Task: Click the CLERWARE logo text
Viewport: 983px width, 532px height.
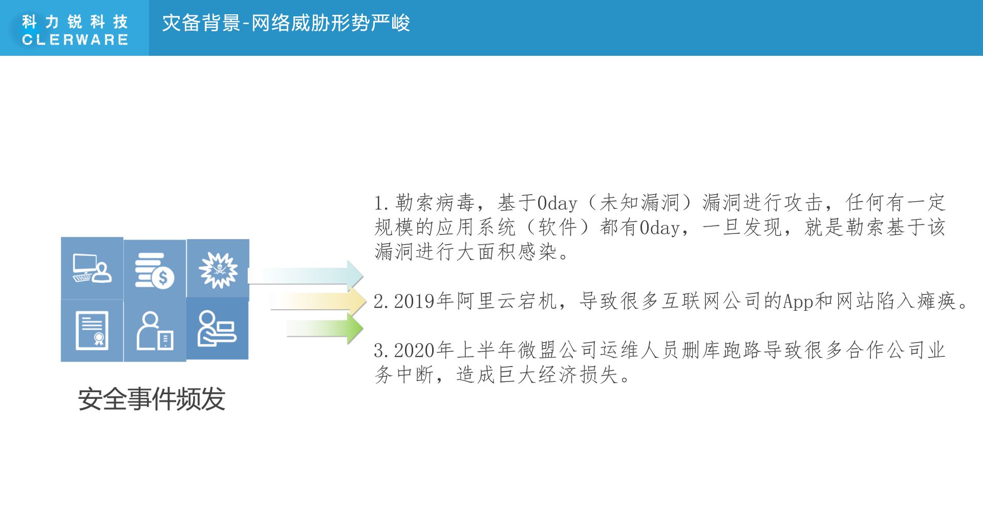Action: click(x=75, y=39)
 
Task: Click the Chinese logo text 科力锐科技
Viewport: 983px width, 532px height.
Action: click(x=75, y=22)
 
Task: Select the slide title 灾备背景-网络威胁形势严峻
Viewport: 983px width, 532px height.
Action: click(x=286, y=23)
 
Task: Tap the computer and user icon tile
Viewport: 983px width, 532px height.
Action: click(x=92, y=268)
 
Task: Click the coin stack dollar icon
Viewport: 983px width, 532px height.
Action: click(x=155, y=270)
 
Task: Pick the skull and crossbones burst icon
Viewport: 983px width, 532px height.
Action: click(x=218, y=270)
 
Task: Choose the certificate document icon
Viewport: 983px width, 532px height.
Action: click(x=92, y=330)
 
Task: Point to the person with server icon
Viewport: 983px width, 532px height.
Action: click(x=155, y=331)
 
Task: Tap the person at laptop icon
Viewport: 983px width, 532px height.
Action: click(x=217, y=328)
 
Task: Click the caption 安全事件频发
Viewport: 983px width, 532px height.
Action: click(x=152, y=399)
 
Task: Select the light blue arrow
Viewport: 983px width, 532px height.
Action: click(x=306, y=275)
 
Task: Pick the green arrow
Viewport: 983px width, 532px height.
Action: click(x=325, y=328)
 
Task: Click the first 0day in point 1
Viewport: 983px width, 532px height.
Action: click(x=558, y=203)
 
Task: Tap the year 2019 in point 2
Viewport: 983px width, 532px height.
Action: click(x=414, y=301)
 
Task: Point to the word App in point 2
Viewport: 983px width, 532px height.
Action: click(x=798, y=302)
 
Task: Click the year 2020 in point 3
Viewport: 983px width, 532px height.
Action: click(x=414, y=351)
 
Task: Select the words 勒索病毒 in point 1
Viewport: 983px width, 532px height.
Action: click(x=435, y=203)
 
